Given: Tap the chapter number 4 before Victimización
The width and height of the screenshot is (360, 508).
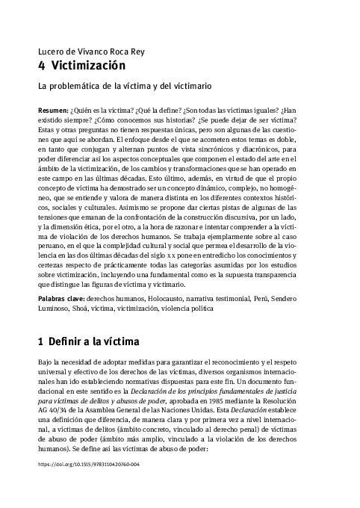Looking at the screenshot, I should (x=41, y=65).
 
